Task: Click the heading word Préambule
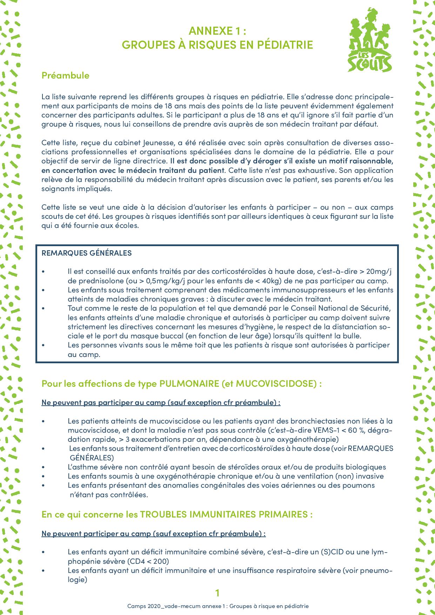tap(65, 75)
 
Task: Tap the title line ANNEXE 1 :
tap(217, 31)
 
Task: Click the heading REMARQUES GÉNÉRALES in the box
tap(87, 253)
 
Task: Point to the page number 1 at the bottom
tap(217, 593)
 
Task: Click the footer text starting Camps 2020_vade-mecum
tap(217, 606)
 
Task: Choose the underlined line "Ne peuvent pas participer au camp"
tap(161, 402)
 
